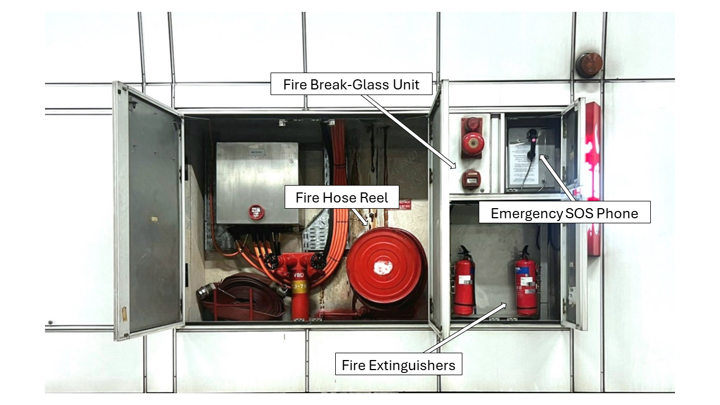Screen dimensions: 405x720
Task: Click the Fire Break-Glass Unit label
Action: coord(352,84)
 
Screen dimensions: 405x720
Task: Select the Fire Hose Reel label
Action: coord(341,198)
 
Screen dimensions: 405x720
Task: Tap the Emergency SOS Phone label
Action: coord(564,213)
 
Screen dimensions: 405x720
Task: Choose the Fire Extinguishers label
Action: coord(398,365)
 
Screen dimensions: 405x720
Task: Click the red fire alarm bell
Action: coord(472,143)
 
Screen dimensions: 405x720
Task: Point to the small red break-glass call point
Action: coord(471,179)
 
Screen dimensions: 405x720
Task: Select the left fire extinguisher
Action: coord(464,284)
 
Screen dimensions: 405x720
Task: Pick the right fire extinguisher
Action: coord(526,283)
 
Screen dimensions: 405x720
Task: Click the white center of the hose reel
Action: coord(384,267)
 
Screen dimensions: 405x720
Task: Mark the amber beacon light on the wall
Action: coord(589,65)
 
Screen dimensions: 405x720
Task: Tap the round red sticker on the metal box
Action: coord(256,212)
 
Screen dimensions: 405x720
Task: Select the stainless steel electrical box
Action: coord(257,183)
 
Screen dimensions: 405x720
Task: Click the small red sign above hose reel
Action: coord(404,204)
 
